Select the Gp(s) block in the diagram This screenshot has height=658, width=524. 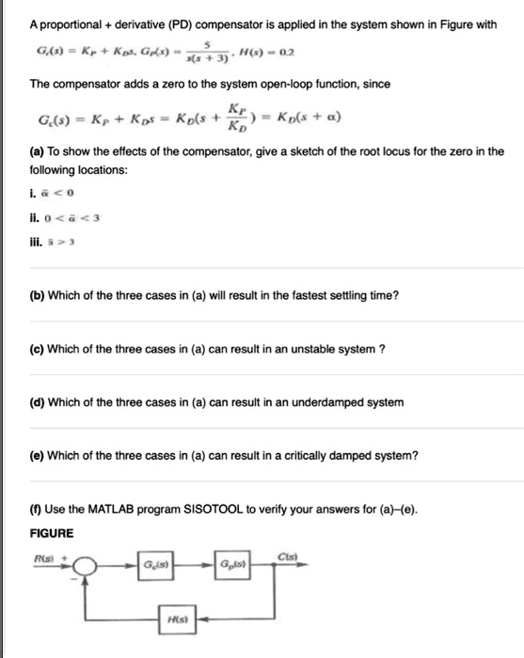point(231,565)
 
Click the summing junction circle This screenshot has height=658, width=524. point(87,568)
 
